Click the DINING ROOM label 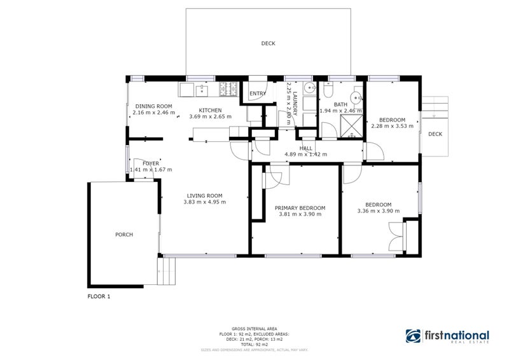pos(154,106)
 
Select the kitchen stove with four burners pos(228,90)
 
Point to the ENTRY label pos(258,94)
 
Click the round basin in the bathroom pos(355,97)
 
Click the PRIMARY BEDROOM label pos(300,208)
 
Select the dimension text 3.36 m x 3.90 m pos(374,211)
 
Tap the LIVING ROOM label pos(204,195)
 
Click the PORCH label pos(123,235)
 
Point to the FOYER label pos(151,163)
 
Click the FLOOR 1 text pos(99,296)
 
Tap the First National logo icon pos(414,336)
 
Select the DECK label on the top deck pos(268,44)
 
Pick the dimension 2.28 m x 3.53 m pos(392,126)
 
